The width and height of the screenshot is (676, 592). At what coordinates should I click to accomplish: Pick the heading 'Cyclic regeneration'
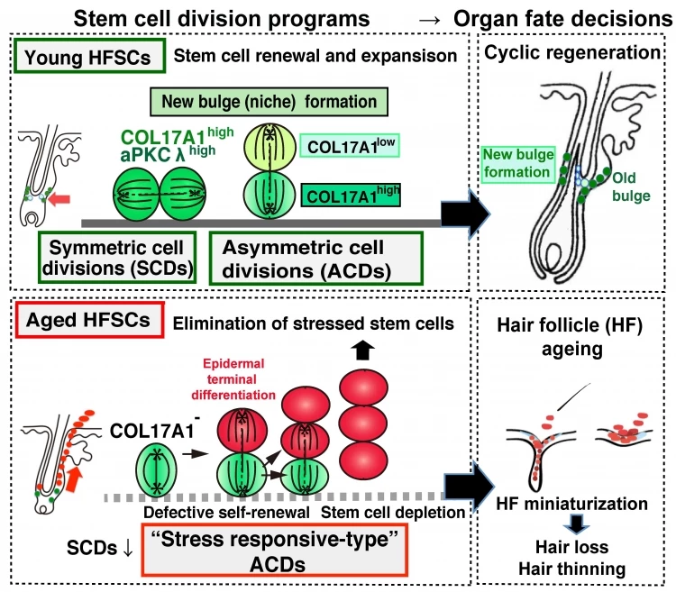pos(572,54)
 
